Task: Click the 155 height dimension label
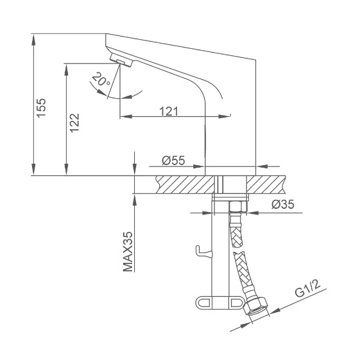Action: pos(42,108)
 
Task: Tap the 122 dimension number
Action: pos(74,123)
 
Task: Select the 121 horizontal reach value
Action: pos(169,111)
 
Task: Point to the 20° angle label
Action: pos(101,79)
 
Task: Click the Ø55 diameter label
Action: pos(173,161)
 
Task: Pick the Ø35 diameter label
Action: pos(283,204)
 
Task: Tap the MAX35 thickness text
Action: pos(128,251)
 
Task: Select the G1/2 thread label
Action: pos(308,289)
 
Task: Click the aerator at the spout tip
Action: pos(121,60)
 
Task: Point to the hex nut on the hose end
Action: pos(256,306)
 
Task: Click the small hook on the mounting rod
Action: pos(203,251)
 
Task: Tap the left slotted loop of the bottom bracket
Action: pos(203,303)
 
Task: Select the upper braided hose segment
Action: pos(237,236)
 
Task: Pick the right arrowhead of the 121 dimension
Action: pos(224,116)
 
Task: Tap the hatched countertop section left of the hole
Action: pos(185,184)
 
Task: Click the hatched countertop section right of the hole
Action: pos(266,184)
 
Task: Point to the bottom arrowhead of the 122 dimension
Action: pos(66,170)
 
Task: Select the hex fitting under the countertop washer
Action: pos(238,206)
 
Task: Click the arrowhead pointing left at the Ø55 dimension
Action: pos(262,166)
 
